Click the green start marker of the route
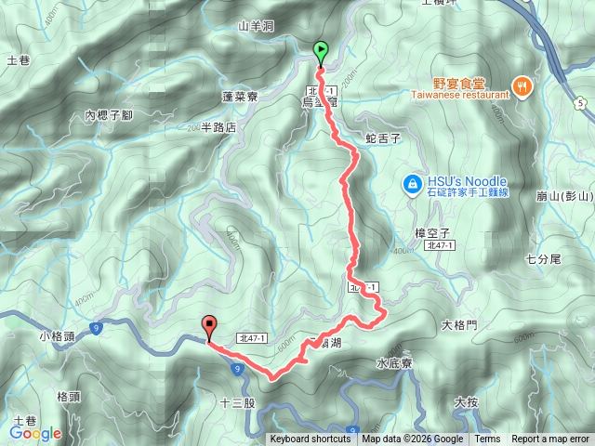tap(321, 52)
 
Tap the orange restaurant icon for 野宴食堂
tap(523, 85)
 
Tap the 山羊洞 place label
tap(256, 26)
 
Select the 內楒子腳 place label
tap(109, 115)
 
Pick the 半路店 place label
tap(219, 127)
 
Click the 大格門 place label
tap(459, 325)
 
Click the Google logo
tap(35, 433)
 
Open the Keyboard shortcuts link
tap(311, 439)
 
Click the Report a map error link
tap(550, 439)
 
